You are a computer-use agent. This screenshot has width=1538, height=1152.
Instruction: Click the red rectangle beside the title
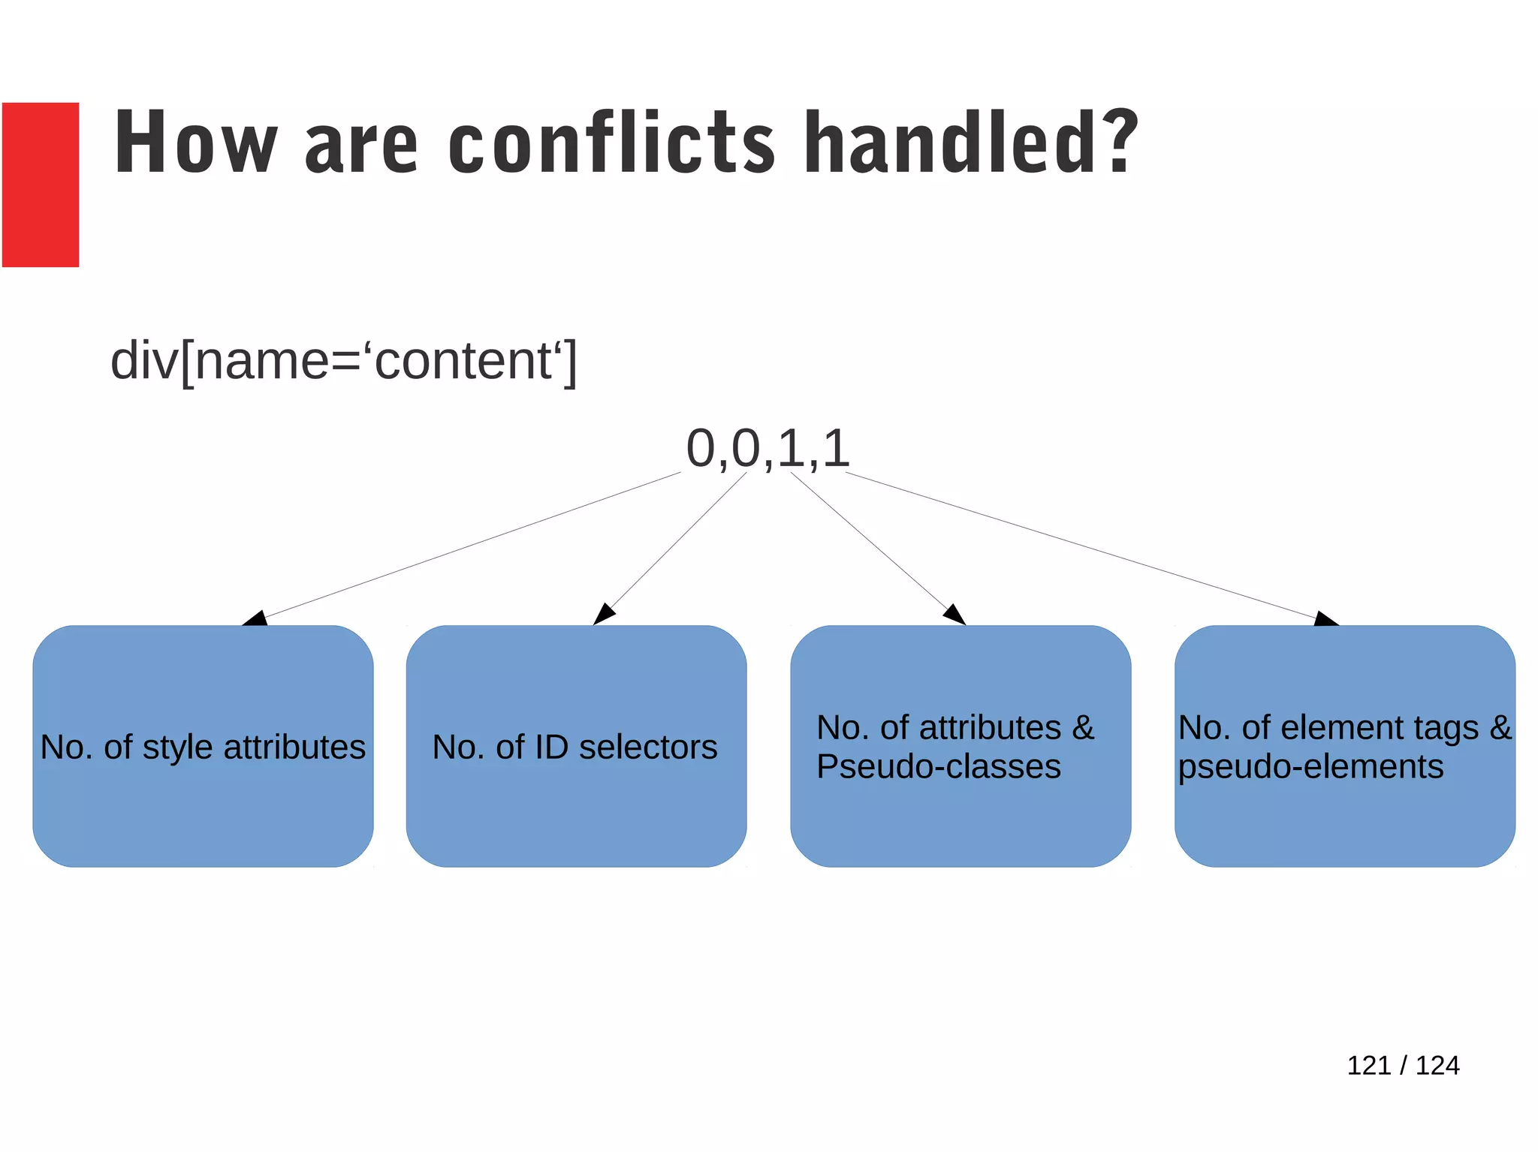[x=41, y=185]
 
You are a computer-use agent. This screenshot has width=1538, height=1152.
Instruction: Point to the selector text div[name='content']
[x=344, y=361]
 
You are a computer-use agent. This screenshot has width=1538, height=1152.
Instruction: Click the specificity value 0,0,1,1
[x=767, y=449]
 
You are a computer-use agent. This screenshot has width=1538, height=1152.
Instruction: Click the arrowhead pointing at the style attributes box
[x=256, y=618]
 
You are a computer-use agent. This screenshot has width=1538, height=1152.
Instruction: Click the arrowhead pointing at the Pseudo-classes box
[x=955, y=615]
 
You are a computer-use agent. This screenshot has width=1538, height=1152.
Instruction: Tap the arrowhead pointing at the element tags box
[x=1325, y=619]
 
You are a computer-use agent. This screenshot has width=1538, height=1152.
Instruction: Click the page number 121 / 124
[x=1403, y=1065]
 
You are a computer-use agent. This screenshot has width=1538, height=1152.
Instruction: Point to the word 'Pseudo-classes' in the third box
[x=939, y=767]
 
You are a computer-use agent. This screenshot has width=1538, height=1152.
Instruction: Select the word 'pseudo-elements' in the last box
[x=1310, y=767]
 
